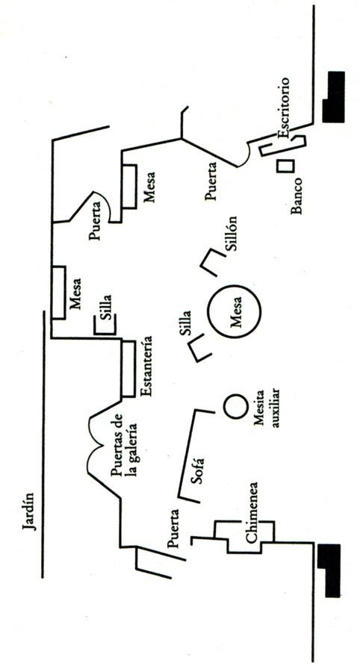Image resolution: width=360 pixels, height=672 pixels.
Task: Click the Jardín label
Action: point(30,511)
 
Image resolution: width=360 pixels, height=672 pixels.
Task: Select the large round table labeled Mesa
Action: point(234,311)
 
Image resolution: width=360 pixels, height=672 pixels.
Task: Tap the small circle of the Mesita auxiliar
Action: point(236,407)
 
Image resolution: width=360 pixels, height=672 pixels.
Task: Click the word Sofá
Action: point(197,471)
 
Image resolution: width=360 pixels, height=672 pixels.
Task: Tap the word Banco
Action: point(297,196)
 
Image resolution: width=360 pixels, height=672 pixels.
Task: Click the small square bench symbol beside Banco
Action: point(285,167)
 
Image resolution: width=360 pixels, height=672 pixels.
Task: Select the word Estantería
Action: point(146,367)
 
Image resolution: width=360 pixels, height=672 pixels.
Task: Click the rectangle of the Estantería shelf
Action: point(128,369)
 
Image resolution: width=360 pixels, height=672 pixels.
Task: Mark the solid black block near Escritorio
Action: point(333,97)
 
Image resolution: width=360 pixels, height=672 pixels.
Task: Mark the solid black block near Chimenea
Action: point(329,570)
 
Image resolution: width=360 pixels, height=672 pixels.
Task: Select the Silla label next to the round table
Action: point(185,323)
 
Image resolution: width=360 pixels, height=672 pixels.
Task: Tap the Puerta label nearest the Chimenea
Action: point(174,529)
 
